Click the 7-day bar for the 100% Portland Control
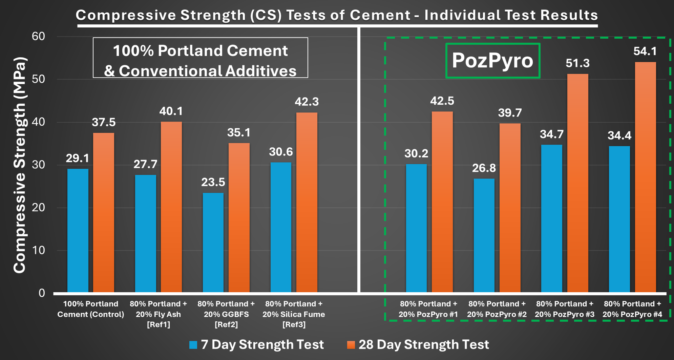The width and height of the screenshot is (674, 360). [x=78, y=230]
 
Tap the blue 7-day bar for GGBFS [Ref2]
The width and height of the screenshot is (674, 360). [x=213, y=242]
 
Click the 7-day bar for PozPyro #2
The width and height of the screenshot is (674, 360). [x=484, y=235]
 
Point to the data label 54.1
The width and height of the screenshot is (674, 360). [x=645, y=51]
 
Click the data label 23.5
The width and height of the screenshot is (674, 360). [x=213, y=182]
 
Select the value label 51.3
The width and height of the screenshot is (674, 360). [x=577, y=63]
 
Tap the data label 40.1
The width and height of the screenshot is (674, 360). [x=171, y=111]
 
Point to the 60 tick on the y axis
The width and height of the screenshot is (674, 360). [x=38, y=36]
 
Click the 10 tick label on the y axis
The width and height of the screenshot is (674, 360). [x=38, y=250]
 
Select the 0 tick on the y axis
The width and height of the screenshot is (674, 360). [x=41, y=293]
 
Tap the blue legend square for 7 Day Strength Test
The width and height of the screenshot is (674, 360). [x=193, y=345]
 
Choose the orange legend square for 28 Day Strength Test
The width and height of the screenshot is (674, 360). [x=351, y=345]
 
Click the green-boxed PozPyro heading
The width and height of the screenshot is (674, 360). [x=492, y=61]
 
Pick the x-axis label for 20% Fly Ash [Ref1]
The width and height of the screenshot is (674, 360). [x=158, y=314]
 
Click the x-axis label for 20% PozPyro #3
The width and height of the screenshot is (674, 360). [x=564, y=309]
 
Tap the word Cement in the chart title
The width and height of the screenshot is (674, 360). [x=380, y=15]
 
